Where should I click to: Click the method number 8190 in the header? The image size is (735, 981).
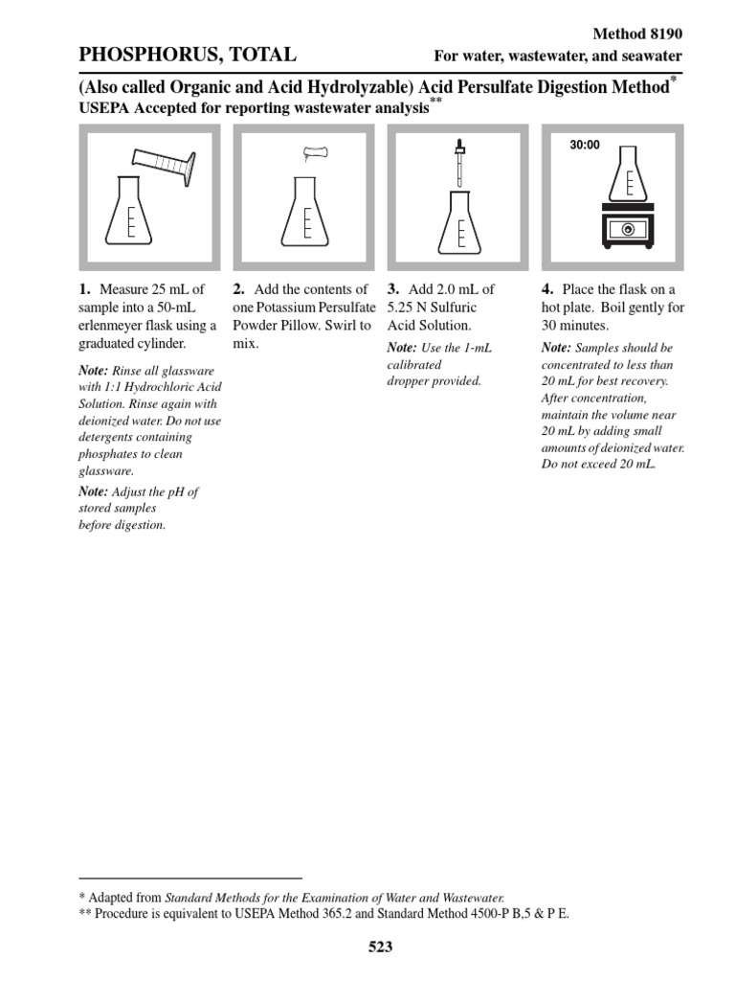[664, 34]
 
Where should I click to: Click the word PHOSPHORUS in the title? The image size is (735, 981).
[142, 56]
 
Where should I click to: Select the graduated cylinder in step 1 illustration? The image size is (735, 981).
[165, 165]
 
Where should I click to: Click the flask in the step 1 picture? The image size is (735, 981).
[131, 213]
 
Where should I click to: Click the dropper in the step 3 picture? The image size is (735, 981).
[460, 163]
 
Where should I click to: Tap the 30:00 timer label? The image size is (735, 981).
[584, 146]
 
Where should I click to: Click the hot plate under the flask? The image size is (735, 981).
[627, 226]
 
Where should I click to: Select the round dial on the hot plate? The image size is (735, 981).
[627, 230]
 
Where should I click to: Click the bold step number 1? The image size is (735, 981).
[84, 289]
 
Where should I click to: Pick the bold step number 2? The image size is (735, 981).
[239, 289]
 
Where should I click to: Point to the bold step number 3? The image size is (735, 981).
[392, 289]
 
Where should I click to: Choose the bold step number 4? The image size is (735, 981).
[546, 289]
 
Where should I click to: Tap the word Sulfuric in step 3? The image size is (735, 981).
[453, 308]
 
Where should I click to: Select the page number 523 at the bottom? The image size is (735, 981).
[380, 947]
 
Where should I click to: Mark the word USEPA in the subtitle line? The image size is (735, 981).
[103, 108]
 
